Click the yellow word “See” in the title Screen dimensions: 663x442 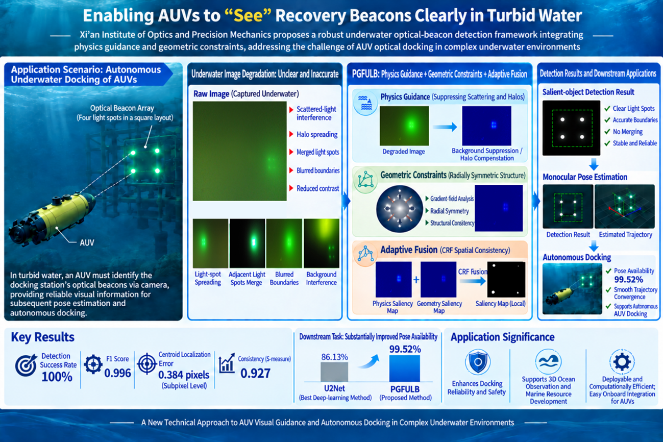pyautogui.click(x=248, y=16)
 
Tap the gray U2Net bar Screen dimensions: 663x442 pyautogui.click(x=334, y=372)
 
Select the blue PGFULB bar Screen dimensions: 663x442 pyautogui.click(x=404, y=369)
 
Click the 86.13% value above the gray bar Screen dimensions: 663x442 pyautogui.click(x=334, y=357)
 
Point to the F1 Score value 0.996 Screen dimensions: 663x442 pyautogui.click(x=117, y=373)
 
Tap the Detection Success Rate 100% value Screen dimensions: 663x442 pyautogui.click(x=57, y=377)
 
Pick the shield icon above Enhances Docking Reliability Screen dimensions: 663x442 pyautogui.click(x=477, y=362)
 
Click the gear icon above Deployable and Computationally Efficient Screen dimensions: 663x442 pyautogui.click(x=622, y=362)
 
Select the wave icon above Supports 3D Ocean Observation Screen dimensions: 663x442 pyautogui.click(x=548, y=361)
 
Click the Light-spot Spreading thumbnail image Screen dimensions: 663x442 pyautogui.click(x=210, y=243)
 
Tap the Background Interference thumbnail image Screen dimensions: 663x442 pyautogui.click(x=322, y=243)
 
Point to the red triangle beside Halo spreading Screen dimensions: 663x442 pyautogui.click(x=291, y=134)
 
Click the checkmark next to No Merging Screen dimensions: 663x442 pyautogui.click(x=607, y=132)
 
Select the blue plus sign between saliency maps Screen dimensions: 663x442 pyautogui.click(x=416, y=280)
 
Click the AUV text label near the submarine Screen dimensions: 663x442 pyautogui.click(x=87, y=243)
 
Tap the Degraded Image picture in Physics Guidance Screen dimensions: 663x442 pyautogui.click(x=404, y=126)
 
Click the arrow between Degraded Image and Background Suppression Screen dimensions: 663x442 pyautogui.click(x=445, y=127)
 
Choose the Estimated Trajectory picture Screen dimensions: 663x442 pyautogui.click(x=625, y=206)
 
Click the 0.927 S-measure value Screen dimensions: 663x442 pyautogui.click(x=255, y=373)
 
